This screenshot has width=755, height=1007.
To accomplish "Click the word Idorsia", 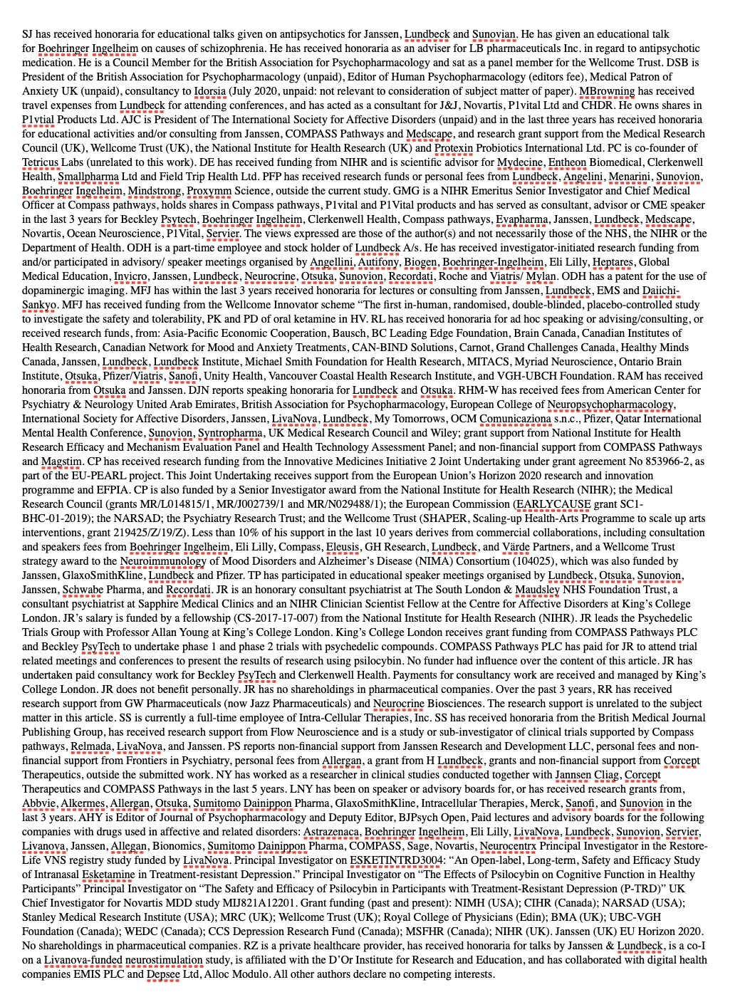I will pyautogui.click(x=209, y=91).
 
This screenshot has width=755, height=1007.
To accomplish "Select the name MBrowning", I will pyautogui.click(x=606, y=91).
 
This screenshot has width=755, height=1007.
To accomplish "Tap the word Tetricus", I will pyautogui.click(x=40, y=162).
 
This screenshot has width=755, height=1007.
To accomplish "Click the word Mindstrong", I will pyautogui.click(x=154, y=191).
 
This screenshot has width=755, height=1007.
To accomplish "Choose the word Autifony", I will pyautogui.click(x=377, y=262).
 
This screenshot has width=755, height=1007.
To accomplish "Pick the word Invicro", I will pyautogui.click(x=130, y=276).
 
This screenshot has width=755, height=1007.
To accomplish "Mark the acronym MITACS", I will pyautogui.click(x=487, y=362).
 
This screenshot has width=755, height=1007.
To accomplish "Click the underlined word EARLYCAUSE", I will pyautogui.click(x=553, y=504).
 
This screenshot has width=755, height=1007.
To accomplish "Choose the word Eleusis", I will pyautogui.click(x=343, y=547).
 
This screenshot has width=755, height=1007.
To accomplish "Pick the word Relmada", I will pyautogui.click(x=90, y=746).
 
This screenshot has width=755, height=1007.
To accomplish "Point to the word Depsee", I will pyautogui.click(x=163, y=974).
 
